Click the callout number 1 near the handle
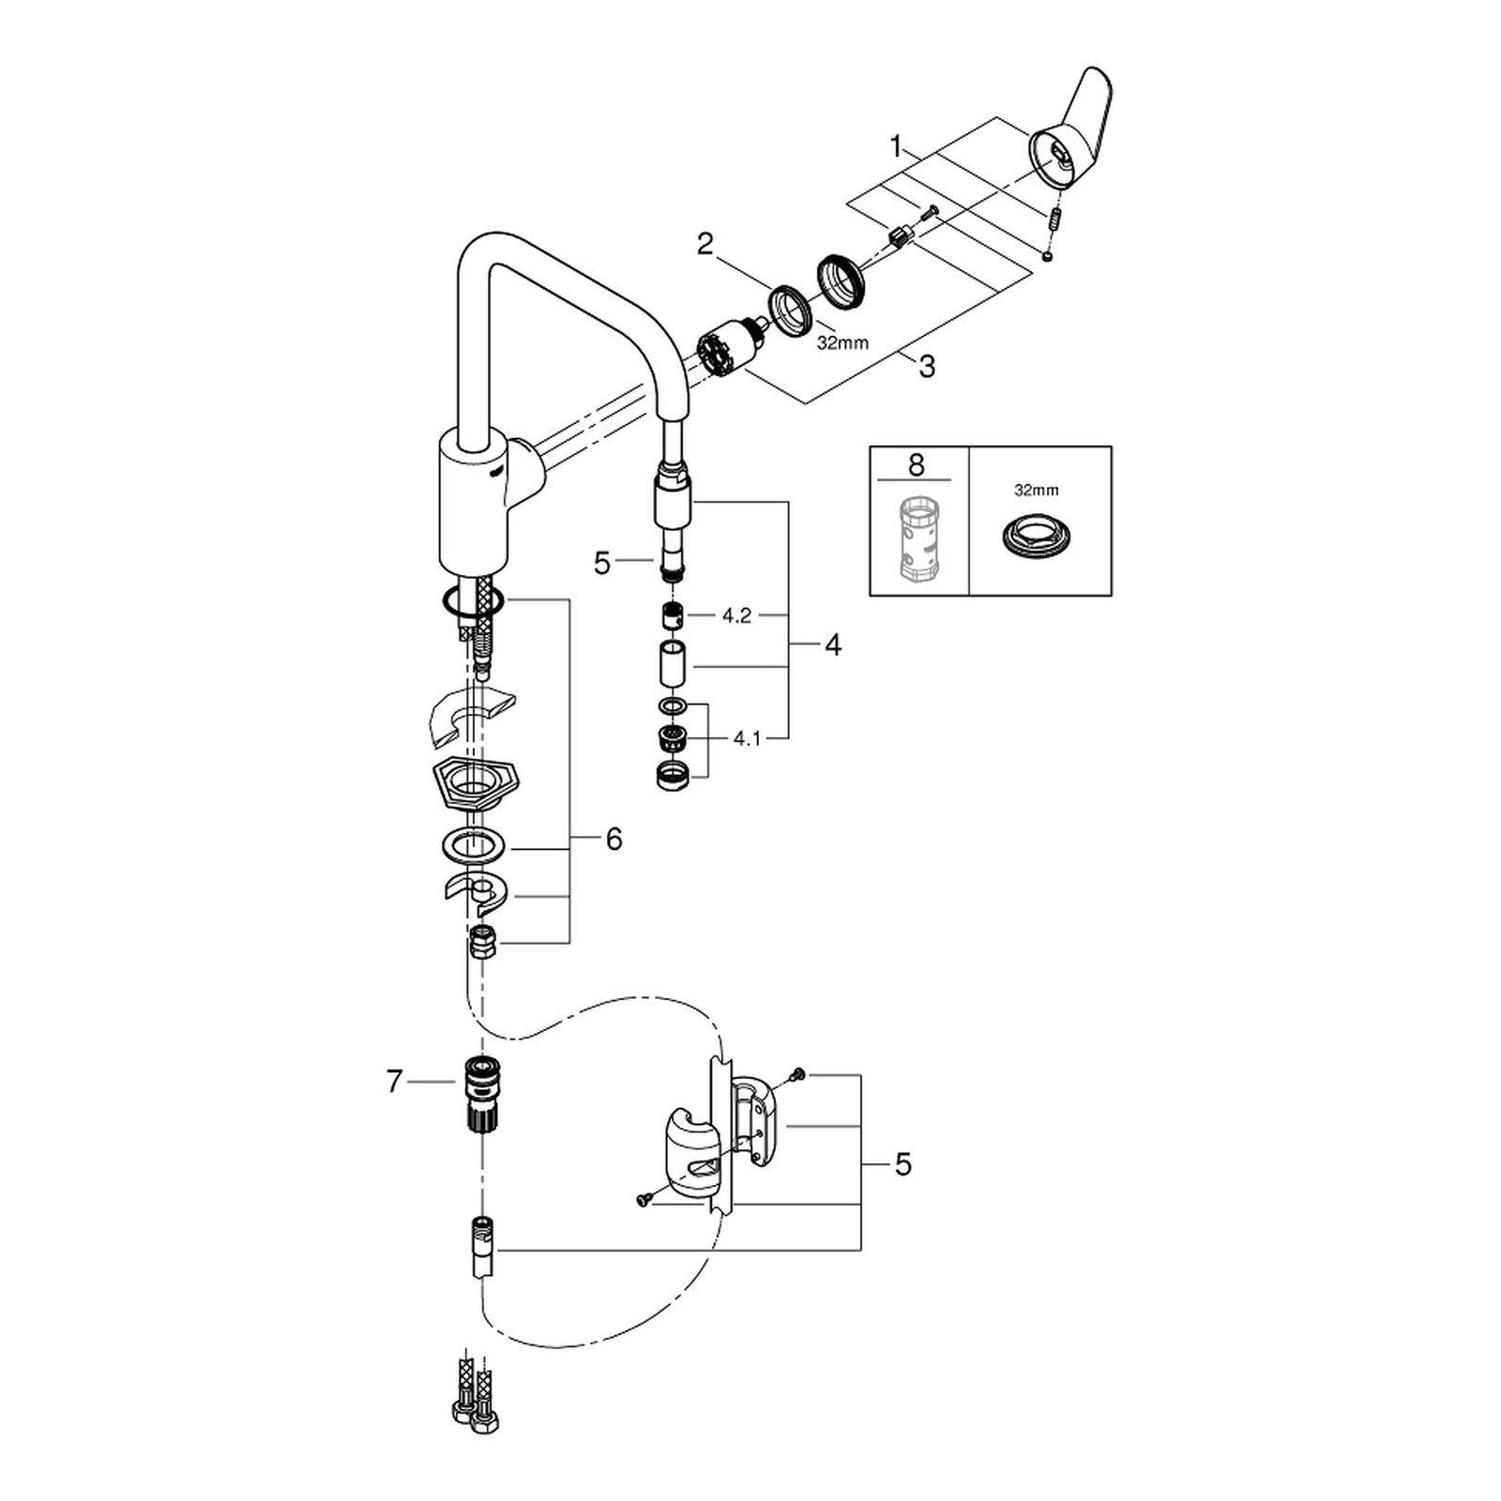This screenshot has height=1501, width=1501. (x=897, y=146)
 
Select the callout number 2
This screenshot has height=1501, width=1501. (x=705, y=245)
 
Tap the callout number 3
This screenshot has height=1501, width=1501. (x=927, y=366)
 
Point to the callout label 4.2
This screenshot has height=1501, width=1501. (x=736, y=617)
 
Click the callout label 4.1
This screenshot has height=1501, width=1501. (x=747, y=739)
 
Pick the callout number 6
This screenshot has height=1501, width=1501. (x=614, y=839)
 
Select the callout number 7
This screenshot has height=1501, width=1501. (x=394, y=1082)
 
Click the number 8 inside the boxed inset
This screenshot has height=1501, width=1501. (x=917, y=464)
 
